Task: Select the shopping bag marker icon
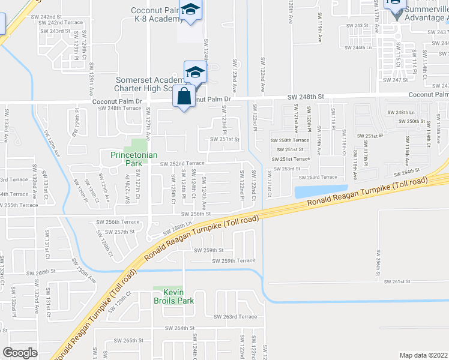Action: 184,97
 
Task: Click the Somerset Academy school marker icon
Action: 195,73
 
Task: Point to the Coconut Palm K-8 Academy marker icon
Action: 191,10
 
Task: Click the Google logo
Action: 20,353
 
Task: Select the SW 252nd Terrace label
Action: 182,163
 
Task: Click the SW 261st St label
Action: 396,281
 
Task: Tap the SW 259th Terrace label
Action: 233,260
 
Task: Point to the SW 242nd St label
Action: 56,16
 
